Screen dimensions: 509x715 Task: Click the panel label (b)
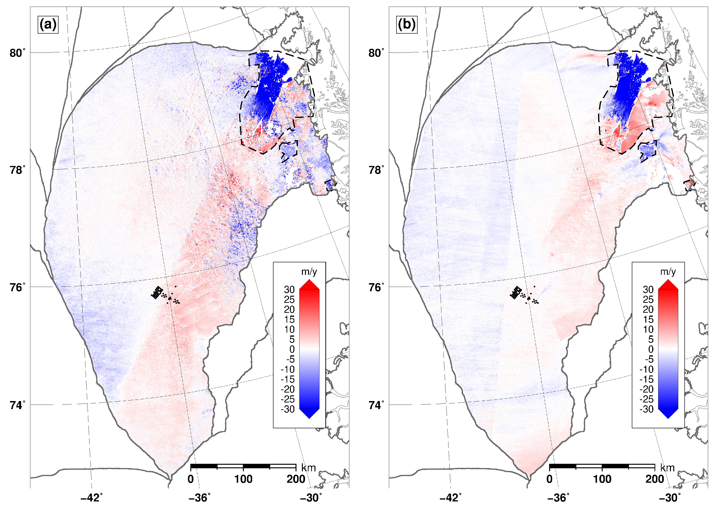407,24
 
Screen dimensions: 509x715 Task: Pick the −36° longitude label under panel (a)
199,497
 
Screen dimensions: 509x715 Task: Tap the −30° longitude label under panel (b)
669,497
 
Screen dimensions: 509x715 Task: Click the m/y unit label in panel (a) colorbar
309,271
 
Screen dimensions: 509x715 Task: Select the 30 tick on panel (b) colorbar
648,289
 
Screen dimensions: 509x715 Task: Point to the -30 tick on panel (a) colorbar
288,409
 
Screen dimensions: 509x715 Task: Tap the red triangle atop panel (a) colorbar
309,284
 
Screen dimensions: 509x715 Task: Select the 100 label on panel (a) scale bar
243,479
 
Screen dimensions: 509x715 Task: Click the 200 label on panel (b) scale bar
655,479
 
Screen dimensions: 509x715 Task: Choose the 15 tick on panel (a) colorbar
289,319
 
